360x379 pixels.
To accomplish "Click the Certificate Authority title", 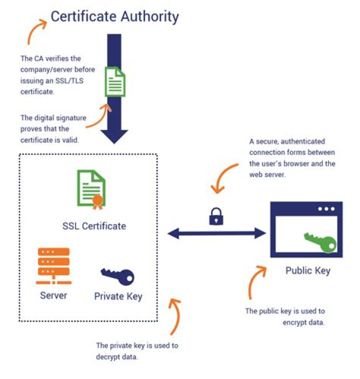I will point(114,16).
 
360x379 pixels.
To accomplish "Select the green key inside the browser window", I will point(320,242).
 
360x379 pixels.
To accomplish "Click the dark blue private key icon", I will point(117,274).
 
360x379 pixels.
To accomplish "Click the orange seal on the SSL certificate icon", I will point(97,200).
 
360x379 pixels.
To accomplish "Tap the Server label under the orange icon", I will point(53,295).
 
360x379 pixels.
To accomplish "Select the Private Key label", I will point(118,296).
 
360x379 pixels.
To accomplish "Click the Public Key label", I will point(307,271).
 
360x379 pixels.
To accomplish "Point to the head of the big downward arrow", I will point(114,134).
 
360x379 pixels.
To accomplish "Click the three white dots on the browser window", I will point(326,208).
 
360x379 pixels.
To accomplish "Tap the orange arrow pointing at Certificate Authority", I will point(36,31).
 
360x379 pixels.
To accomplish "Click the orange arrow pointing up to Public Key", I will point(255,285).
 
